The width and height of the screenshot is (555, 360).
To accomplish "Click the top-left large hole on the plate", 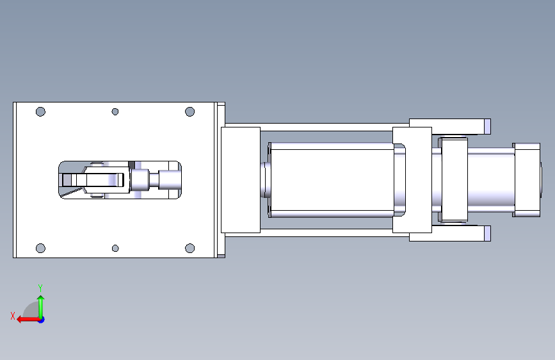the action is click(41, 111).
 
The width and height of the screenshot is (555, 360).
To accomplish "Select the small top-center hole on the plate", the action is click(115, 111).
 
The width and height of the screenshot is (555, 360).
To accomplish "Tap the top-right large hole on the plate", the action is click(189, 111).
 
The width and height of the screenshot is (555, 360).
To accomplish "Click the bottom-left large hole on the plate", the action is click(41, 248).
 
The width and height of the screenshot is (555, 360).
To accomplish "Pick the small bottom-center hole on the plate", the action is click(115, 248).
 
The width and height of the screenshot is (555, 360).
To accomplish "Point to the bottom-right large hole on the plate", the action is click(189, 248).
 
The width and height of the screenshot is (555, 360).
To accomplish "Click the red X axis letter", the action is click(13, 316).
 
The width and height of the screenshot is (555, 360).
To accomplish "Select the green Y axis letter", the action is click(40, 288).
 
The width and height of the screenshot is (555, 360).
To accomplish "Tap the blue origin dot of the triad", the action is click(42, 320).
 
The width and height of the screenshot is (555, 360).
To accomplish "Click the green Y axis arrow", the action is click(41, 307).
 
